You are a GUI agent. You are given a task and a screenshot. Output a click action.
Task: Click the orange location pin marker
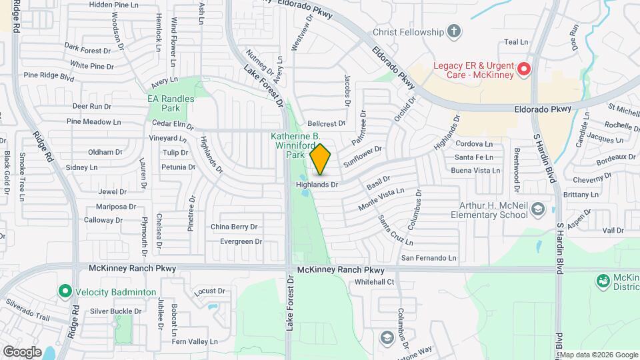320,160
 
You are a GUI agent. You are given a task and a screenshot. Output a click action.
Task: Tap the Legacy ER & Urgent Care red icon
523,69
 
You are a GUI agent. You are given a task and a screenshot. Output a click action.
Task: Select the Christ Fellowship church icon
453,31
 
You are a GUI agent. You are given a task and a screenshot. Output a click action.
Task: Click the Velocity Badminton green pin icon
65,291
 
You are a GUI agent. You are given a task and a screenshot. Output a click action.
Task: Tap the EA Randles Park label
171,103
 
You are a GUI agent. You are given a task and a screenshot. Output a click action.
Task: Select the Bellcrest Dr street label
327,123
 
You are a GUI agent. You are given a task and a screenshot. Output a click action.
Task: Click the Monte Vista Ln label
381,198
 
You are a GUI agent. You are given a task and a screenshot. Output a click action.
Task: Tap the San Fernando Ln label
428,257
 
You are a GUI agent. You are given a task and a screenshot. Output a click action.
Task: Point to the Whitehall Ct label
375,282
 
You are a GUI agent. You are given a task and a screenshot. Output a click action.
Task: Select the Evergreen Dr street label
241,241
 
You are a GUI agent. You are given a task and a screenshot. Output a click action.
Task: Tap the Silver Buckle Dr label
116,311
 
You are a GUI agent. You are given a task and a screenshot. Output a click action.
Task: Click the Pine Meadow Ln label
93,122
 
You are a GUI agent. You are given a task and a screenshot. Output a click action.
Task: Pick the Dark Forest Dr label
87,50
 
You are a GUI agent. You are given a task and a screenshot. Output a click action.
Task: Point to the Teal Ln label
516,41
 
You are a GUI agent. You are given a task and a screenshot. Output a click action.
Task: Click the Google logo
22,351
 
